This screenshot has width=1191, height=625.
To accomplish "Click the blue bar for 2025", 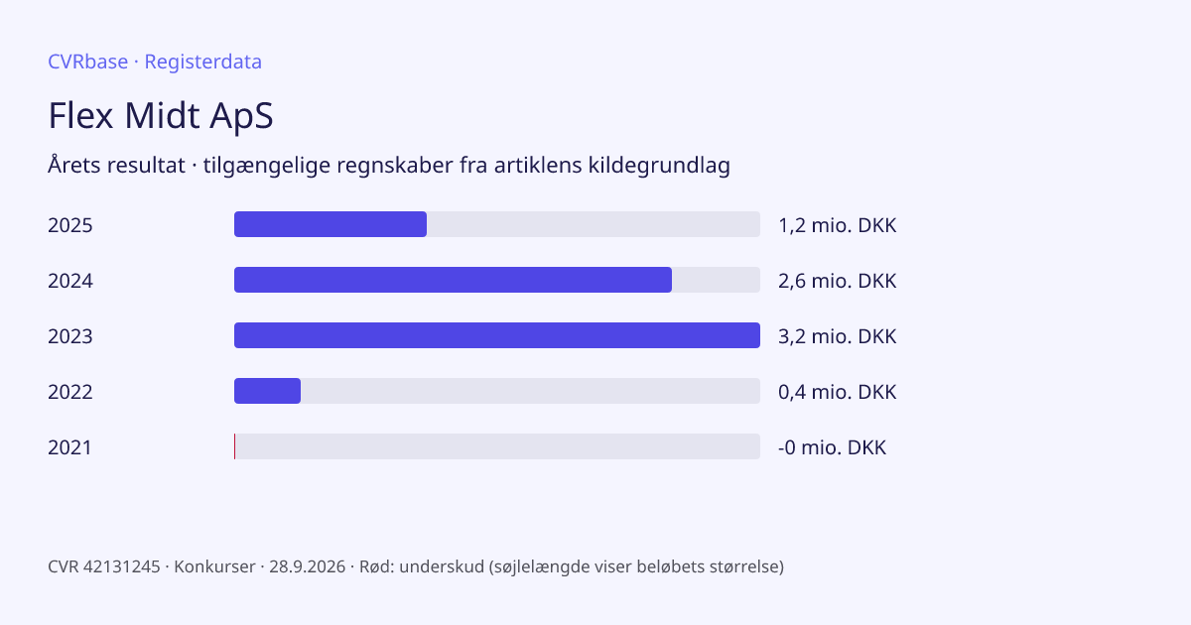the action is tap(331, 224).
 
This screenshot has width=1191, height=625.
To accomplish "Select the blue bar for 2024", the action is tap(453, 280).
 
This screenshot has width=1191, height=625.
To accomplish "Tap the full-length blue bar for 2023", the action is tap(497, 335).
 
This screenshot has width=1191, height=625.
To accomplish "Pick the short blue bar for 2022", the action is tap(267, 391).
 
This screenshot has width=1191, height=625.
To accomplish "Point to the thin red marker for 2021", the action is tap(234, 446).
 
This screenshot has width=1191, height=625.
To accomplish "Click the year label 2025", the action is tap(70, 225).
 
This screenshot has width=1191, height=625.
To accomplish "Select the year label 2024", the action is tap(70, 281).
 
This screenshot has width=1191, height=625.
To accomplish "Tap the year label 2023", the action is tap(70, 336).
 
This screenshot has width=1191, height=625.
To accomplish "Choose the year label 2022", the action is tap(70, 392).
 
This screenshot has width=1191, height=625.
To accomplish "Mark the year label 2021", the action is tap(69, 447).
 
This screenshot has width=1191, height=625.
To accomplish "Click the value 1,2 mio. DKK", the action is tap(838, 225).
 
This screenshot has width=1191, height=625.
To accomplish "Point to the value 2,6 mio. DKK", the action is tap(838, 281).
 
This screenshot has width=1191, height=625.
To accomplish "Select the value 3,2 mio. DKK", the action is tap(838, 336).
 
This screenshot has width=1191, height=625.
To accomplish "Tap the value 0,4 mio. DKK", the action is tap(838, 392).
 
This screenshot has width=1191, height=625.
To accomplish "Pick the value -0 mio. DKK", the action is tap(832, 447).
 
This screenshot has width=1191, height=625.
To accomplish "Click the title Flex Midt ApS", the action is tap(161, 115).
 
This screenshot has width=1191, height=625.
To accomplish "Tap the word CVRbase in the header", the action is tap(87, 62).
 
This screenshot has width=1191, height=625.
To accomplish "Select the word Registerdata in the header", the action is tap(203, 62).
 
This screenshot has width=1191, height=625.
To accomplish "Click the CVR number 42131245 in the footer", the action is tap(121, 566).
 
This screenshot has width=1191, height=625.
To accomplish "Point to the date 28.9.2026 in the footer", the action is tap(308, 566).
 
